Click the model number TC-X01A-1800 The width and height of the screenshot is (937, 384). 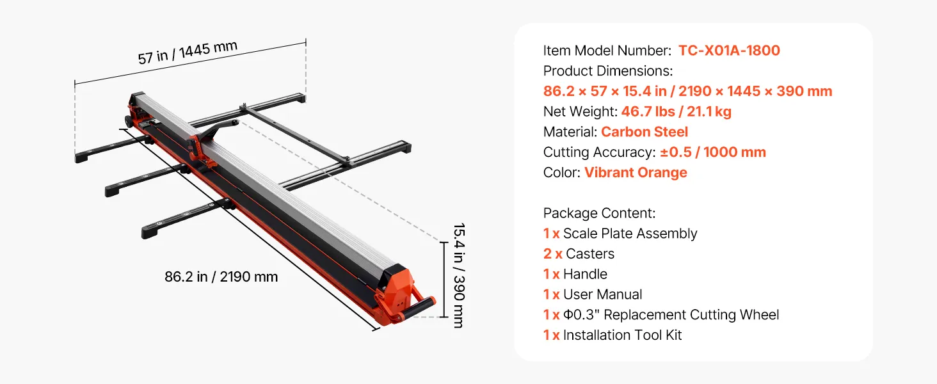click(x=729, y=51)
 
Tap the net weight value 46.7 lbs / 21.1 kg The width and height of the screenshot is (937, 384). click(x=676, y=112)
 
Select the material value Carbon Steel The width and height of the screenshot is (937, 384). click(x=644, y=132)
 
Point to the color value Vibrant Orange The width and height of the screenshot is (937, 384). click(x=636, y=172)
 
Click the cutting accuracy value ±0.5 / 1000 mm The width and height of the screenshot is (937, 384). click(x=713, y=152)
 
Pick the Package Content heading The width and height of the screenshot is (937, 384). click(x=599, y=213)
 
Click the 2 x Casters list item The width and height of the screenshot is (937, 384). click(x=579, y=254)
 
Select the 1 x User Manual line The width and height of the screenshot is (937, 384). click(x=592, y=294)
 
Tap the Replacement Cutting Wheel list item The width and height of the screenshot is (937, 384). click(x=661, y=315)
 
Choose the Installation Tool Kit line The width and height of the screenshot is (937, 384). click(x=613, y=335)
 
